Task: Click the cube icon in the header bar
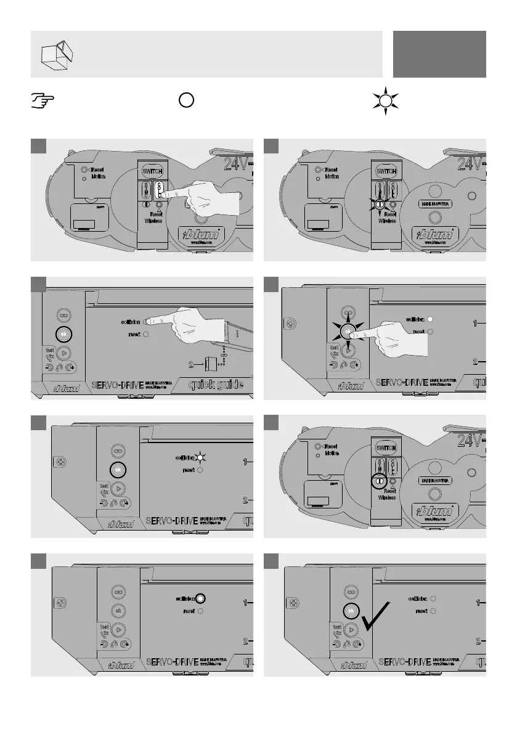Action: pos(55,54)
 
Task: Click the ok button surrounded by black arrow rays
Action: pos(348,331)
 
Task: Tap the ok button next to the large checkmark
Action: pos(350,610)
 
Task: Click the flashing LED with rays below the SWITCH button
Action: pos(380,205)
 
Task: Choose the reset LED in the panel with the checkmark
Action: pos(433,611)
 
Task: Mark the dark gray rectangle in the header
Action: pos(440,54)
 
